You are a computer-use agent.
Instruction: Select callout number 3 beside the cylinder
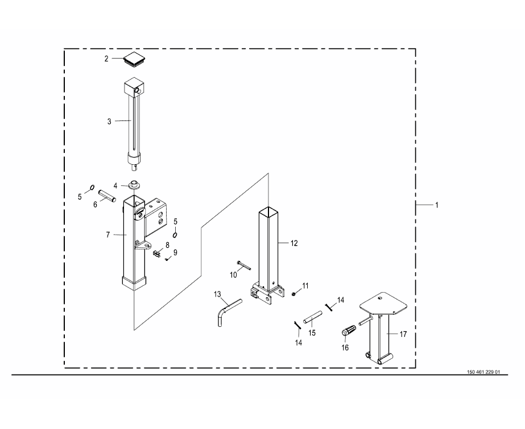(x=109, y=122)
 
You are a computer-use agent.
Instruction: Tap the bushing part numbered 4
(x=135, y=184)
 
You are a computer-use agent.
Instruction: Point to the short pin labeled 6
(x=107, y=195)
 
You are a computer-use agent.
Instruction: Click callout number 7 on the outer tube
(x=108, y=235)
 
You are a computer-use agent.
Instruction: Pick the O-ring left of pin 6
(x=92, y=188)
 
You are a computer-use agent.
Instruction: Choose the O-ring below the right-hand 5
(x=175, y=235)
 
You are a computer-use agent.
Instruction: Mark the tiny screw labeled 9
(x=167, y=259)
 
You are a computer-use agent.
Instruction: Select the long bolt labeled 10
(x=244, y=265)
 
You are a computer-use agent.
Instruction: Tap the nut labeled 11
(x=293, y=294)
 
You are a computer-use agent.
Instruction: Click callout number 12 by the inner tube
(x=294, y=243)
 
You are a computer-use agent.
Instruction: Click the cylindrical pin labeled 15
(x=313, y=317)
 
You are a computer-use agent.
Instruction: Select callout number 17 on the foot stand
(x=403, y=334)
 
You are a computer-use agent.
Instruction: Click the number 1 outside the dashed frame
(x=437, y=205)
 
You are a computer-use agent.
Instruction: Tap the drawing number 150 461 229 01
(x=483, y=372)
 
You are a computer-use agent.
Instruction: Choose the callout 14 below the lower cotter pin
(x=298, y=343)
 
